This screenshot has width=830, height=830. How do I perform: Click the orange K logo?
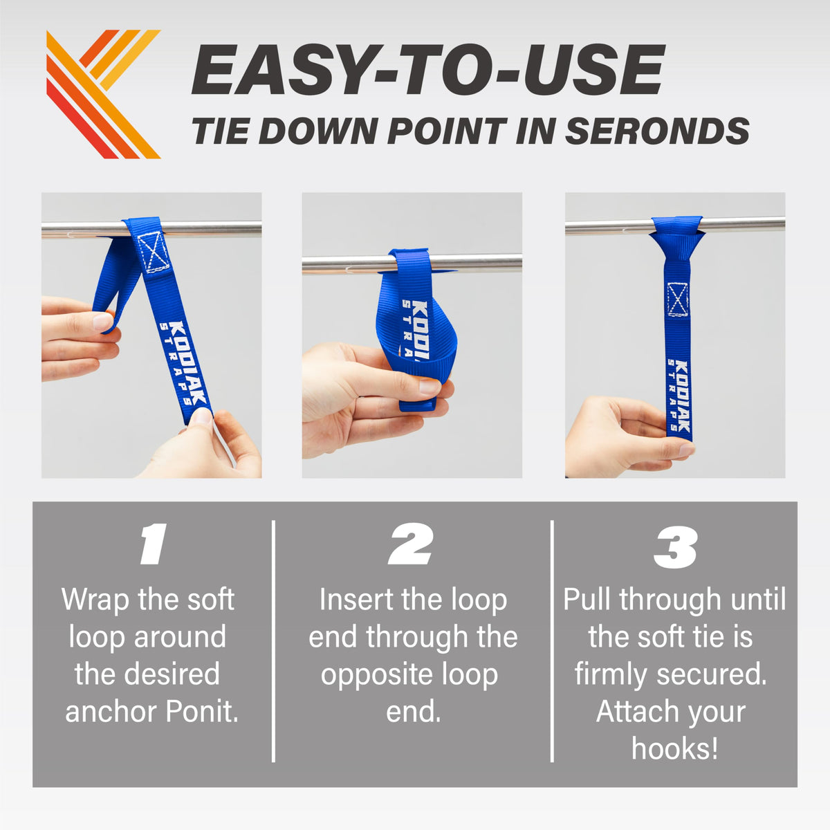point(103,94)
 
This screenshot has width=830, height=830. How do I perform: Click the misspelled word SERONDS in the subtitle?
point(657,131)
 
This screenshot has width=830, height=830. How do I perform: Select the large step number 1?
point(154,544)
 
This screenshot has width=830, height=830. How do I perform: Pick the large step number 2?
point(410,544)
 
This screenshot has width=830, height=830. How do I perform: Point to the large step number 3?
point(675,547)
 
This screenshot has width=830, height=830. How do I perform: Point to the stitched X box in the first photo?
point(153,253)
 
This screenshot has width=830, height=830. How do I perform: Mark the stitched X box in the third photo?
point(677,299)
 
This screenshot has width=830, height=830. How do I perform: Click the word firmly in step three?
point(611,674)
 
